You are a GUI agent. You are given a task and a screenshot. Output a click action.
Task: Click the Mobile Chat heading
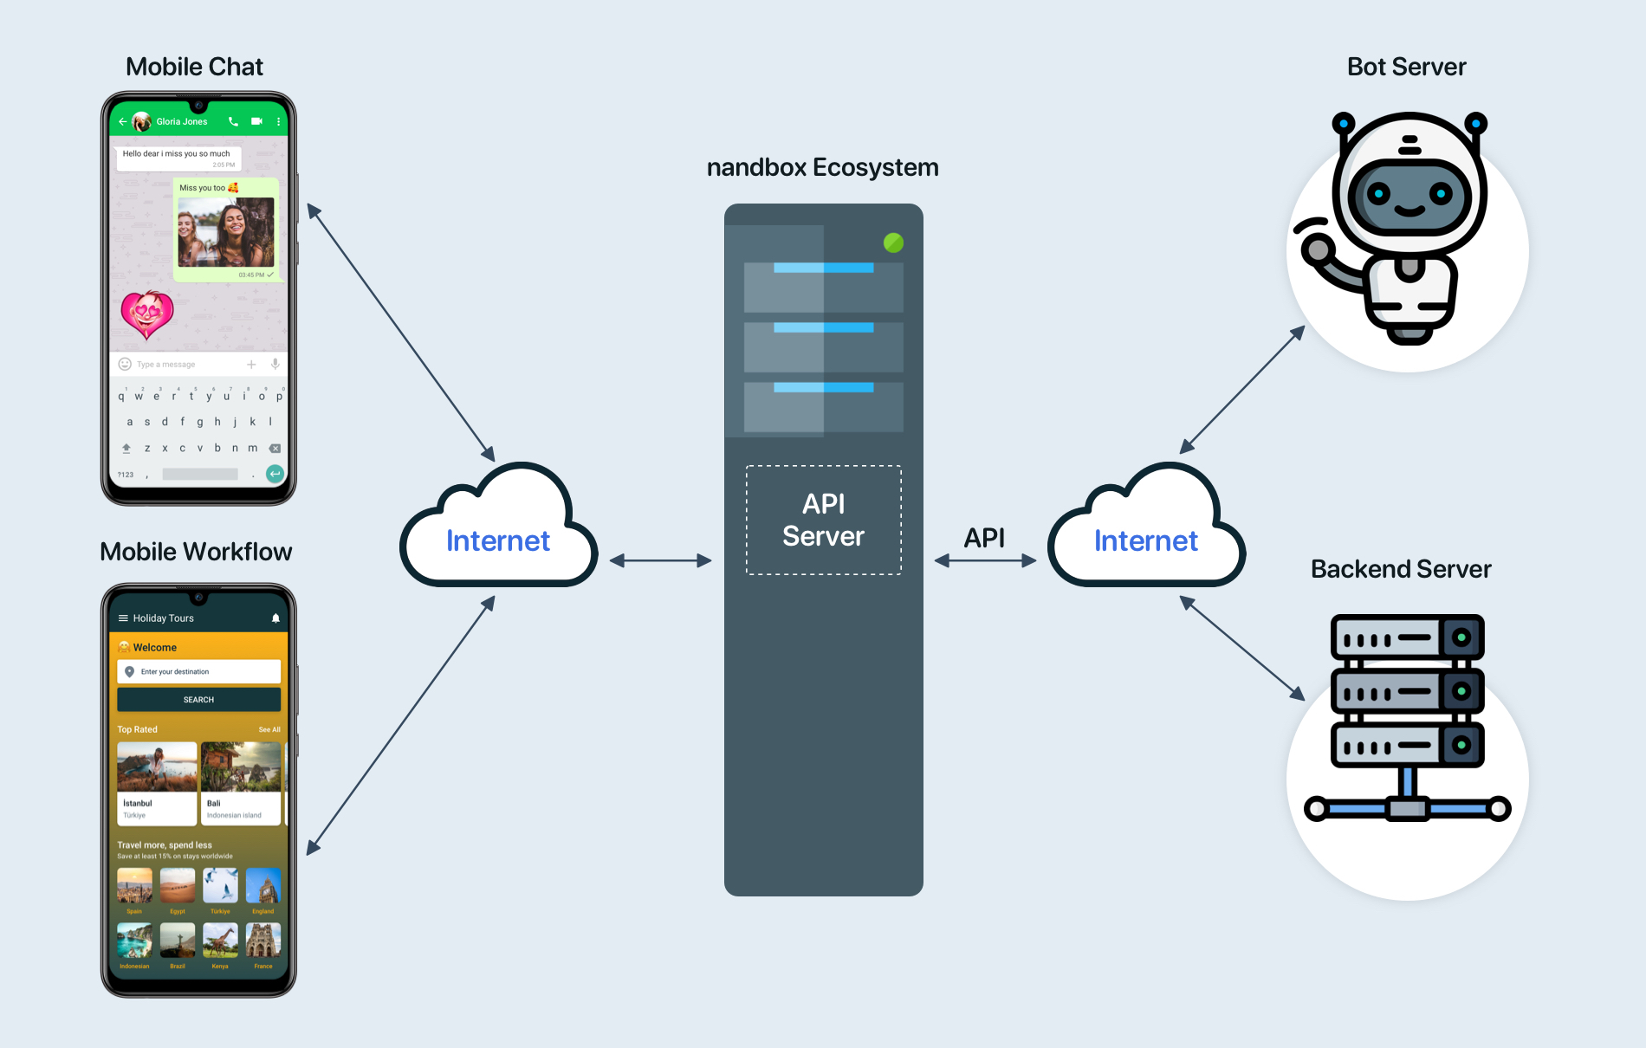194,67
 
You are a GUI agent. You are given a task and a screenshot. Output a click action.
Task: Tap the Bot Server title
1406,67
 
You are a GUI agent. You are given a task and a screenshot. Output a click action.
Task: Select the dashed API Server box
823,520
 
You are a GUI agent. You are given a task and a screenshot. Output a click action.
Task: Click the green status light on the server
893,243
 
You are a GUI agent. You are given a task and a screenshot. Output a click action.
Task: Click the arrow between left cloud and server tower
660,561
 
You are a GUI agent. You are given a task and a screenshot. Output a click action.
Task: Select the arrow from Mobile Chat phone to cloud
401,333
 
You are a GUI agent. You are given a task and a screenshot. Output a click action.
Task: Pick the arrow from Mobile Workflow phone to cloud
401,725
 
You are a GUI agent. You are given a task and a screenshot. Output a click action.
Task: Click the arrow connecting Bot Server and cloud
1242,389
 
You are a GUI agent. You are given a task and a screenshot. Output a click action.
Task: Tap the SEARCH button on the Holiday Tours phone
198,700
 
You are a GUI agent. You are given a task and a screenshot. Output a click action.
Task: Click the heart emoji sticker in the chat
147,314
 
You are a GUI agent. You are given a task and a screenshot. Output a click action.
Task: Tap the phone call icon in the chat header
233,122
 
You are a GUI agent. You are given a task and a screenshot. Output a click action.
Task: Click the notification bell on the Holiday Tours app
275,618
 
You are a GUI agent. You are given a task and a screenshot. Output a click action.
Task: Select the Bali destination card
241,783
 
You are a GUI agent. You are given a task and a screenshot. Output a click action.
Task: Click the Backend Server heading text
1401,569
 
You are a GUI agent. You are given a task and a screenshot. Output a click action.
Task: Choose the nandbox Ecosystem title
822,167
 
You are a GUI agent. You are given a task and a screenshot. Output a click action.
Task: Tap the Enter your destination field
198,672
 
